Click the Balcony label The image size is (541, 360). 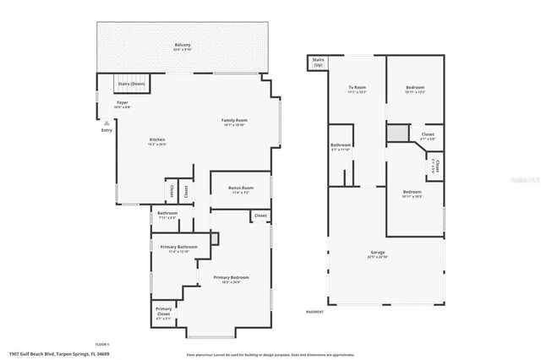point(182,45)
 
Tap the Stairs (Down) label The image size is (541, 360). point(130,84)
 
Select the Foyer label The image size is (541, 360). point(123,103)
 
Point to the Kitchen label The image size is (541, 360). point(157,139)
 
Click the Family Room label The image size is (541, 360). point(234,121)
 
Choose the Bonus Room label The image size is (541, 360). point(241,188)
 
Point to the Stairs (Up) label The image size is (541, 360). point(318,62)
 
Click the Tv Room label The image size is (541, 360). point(358,88)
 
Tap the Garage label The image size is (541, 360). point(378,253)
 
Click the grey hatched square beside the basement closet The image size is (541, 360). point(393,132)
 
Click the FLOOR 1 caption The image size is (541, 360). point(102,344)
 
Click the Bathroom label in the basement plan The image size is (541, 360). point(341,145)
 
